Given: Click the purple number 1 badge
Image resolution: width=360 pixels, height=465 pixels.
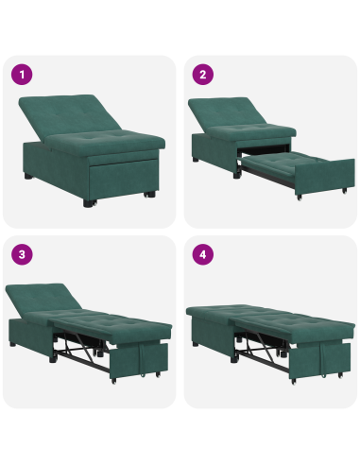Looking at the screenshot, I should click(22, 75).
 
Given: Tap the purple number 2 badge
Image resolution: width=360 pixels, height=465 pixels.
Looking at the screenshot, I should click(202, 75).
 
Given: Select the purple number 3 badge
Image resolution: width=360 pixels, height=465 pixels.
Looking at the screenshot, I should click(22, 255).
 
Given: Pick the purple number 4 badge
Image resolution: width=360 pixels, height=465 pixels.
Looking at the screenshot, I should click(202, 255).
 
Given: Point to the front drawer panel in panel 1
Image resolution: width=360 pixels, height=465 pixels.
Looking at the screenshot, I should click(118, 175).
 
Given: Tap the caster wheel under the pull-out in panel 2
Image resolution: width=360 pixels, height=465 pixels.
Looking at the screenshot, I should click(297, 199).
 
